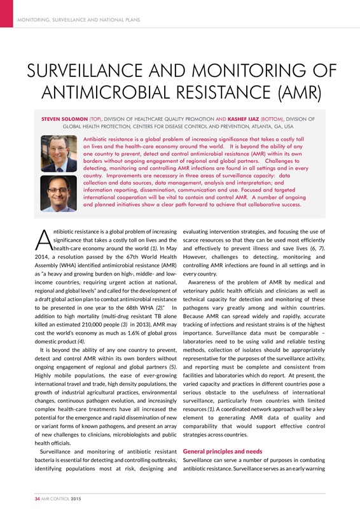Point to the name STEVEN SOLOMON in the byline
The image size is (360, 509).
pos(64,118)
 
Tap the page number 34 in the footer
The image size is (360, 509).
pos(38,497)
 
